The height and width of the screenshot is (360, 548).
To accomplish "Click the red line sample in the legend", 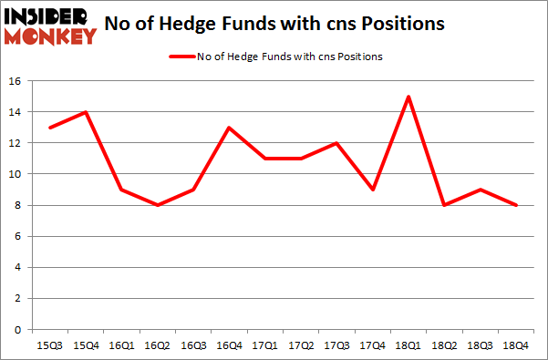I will point(181,57).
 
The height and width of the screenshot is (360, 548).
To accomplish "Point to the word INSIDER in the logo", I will point(47,16).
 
